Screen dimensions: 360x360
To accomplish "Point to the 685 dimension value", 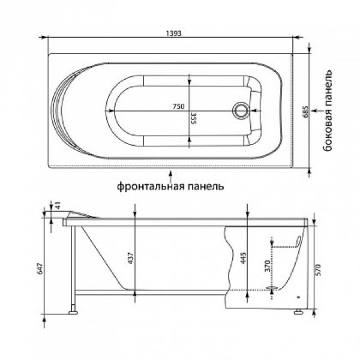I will tap(305, 110).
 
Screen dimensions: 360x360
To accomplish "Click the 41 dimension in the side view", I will tap(58, 206).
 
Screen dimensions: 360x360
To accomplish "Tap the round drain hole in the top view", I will tap(241, 110).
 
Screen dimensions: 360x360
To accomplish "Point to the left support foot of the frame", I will tap(74, 311).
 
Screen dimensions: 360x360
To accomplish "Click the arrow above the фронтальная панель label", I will tap(172, 175).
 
